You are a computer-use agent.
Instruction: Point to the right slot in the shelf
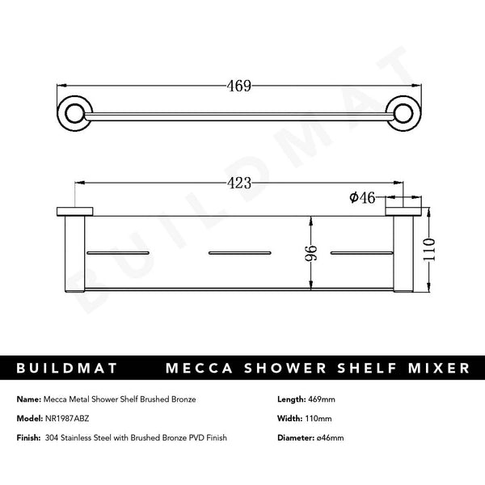pyautogui.click(x=361, y=254)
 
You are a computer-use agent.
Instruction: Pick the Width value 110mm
pyautogui.click(x=322, y=419)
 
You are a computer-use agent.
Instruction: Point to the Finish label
pyautogui.click(x=27, y=437)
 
